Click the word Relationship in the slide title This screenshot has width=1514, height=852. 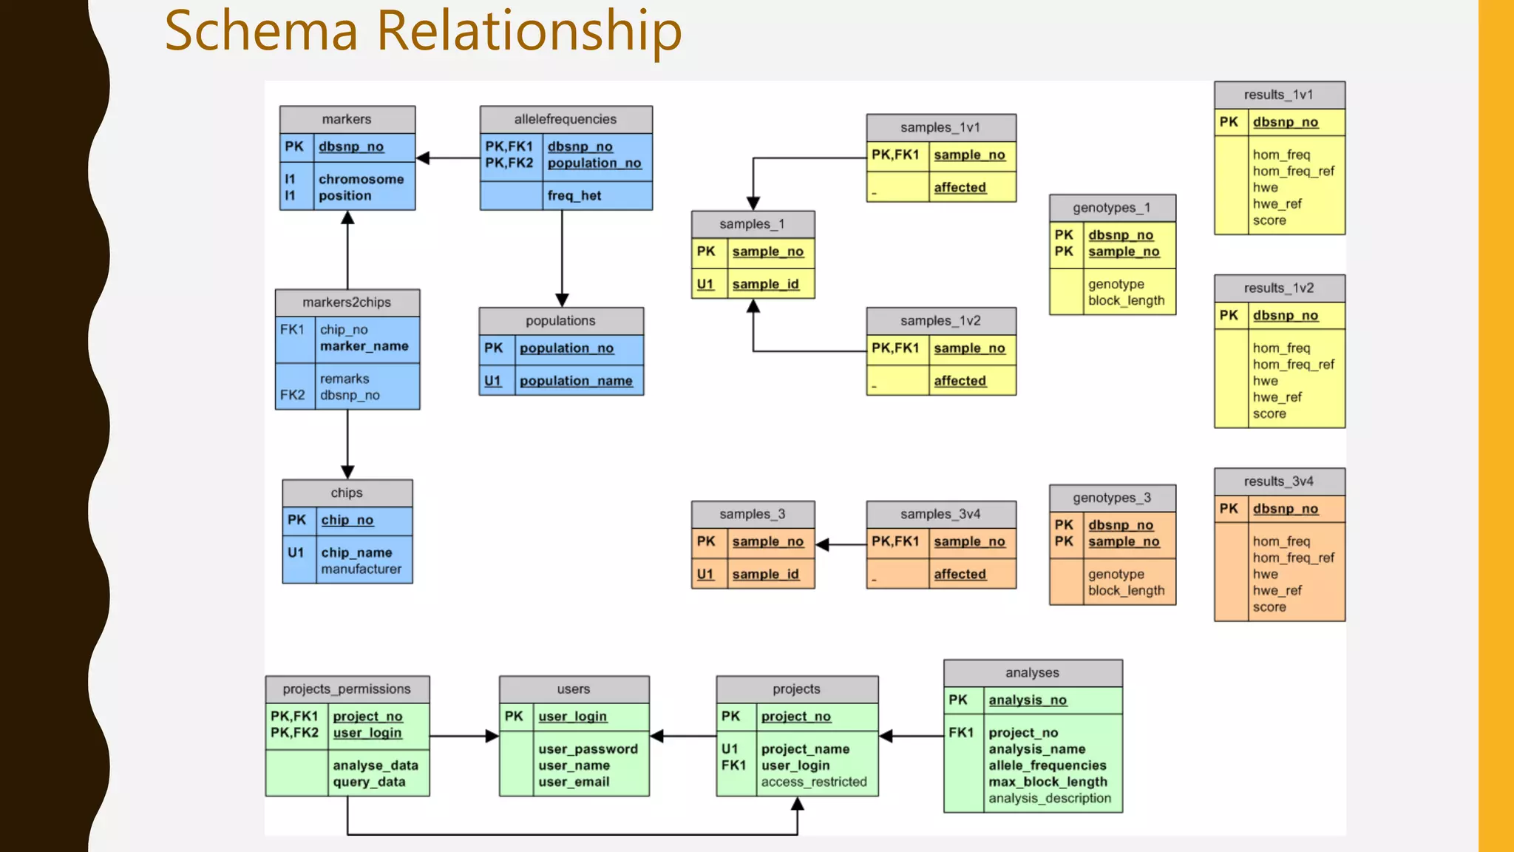tap(529, 31)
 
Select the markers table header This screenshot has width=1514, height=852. tap(347, 119)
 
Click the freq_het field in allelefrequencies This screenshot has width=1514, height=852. tap(574, 196)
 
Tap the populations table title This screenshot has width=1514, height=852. tap(560, 321)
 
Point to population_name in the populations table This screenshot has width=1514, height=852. tap(576, 381)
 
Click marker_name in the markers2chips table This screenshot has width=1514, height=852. tap(364, 346)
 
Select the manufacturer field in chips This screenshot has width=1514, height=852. tap(361, 569)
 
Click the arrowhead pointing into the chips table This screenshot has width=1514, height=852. tap(347, 472)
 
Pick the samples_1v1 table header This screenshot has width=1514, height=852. tap(940, 127)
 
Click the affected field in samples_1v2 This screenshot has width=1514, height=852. tap(960, 381)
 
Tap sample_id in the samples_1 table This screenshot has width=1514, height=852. tap(765, 284)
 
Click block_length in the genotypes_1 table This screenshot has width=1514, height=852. tap(1126, 301)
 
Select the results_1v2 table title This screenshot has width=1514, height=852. tap(1279, 288)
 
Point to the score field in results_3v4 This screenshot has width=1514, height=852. tap(1269, 607)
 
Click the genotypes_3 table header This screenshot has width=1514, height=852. tap(1112, 498)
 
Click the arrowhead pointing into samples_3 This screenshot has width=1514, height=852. tap(822, 545)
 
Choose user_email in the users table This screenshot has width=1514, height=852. tap(574, 782)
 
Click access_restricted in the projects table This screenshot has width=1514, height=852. tap(814, 782)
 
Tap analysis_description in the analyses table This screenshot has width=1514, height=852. tap(1050, 799)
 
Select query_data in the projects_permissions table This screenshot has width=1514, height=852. tap(369, 782)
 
